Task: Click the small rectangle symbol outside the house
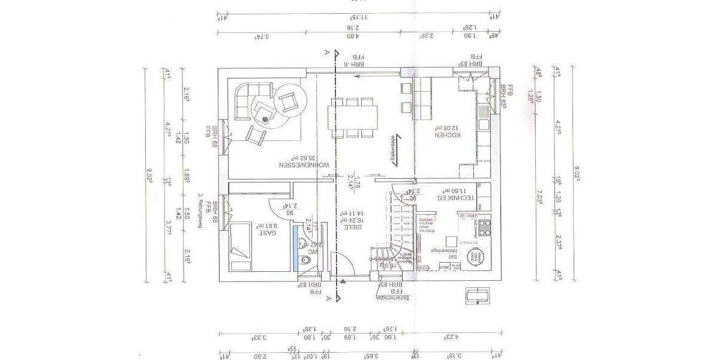(478, 295)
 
